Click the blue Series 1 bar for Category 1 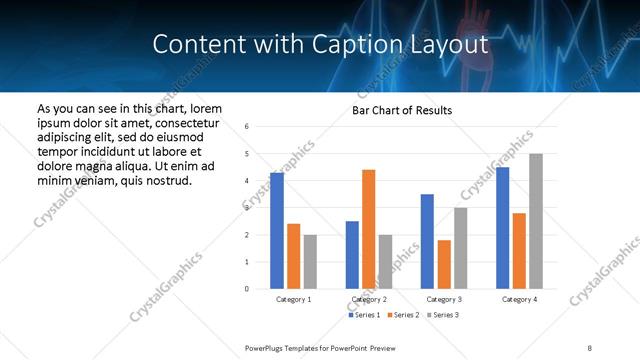pyautogui.click(x=277, y=231)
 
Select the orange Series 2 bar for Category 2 pyautogui.click(x=369, y=229)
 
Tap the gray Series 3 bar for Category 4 pyautogui.click(x=536, y=221)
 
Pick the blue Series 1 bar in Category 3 pyautogui.click(x=427, y=241)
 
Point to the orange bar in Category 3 pyautogui.click(x=444, y=264)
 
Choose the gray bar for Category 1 pyautogui.click(x=310, y=261)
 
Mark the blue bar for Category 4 pyautogui.click(x=502, y=228)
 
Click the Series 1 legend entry pyautogui.click(x=362, y=315)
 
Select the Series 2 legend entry pyautogui.click(x=403, y=315)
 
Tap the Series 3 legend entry pyautogui.click(x=444, y=315)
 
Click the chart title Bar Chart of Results pyautogui.click(x=402, y=110)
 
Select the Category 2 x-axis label pyautogui.click(x=369, y=299)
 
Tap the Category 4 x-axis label pyautogui.click(x=519, y=299)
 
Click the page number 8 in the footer pyautogui.click(x=590, y=347)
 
